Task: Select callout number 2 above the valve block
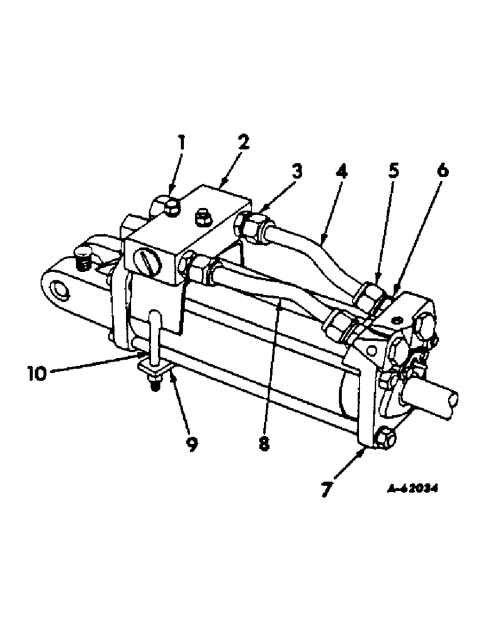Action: click(x=242, y=142)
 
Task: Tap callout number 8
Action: click(x=264, y=445)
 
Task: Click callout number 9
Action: click(x=191, y=445)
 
